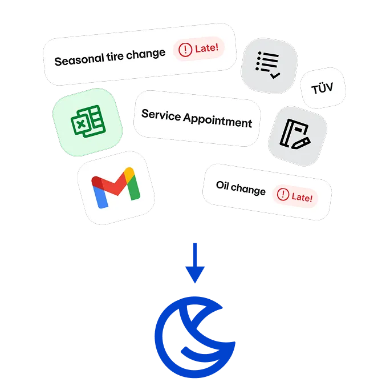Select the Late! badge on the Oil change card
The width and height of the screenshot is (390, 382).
(295, 196)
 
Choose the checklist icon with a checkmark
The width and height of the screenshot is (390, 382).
(269, 65)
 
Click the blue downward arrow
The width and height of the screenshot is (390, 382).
(195, 263)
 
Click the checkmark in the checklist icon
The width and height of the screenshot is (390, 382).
(275, 74)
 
